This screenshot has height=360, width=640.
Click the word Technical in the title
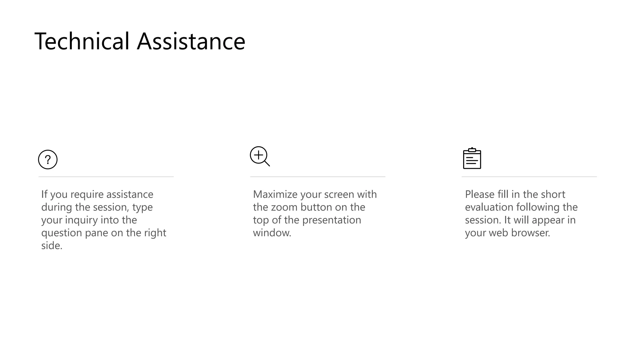82,41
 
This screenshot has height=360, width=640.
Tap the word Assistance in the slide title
191,41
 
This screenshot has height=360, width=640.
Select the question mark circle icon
48,160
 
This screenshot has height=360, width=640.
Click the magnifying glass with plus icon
259,156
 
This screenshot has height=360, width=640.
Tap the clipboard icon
472,159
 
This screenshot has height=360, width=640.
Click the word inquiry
82,220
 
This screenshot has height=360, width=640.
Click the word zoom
284,207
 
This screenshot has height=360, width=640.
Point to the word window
272,233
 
